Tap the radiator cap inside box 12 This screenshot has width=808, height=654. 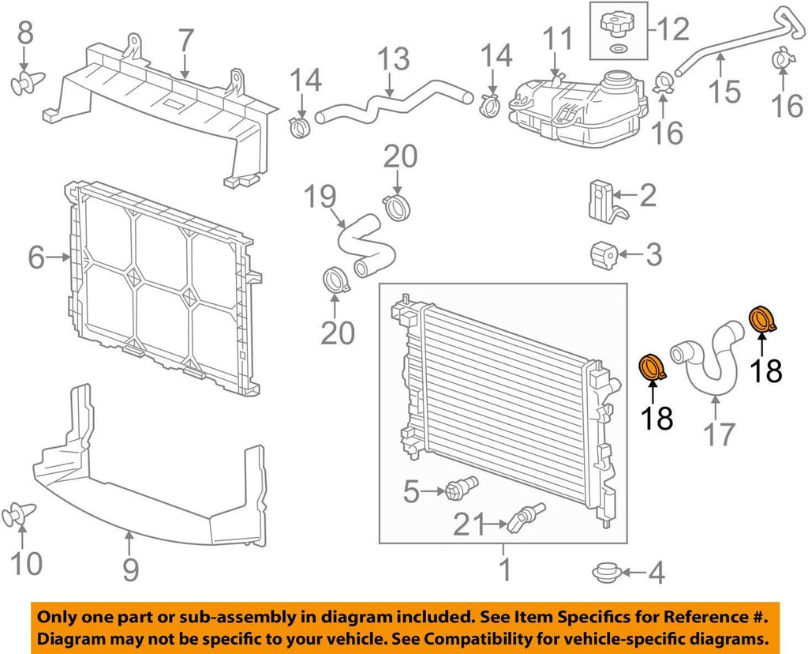(619, 22)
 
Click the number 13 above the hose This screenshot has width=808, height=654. (392, 58)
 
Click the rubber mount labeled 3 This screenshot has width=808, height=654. (604, 254)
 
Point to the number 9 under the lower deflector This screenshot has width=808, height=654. (130, 567)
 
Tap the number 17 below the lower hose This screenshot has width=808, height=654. (718, 433)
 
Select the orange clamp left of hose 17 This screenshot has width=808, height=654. (653, 367)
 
